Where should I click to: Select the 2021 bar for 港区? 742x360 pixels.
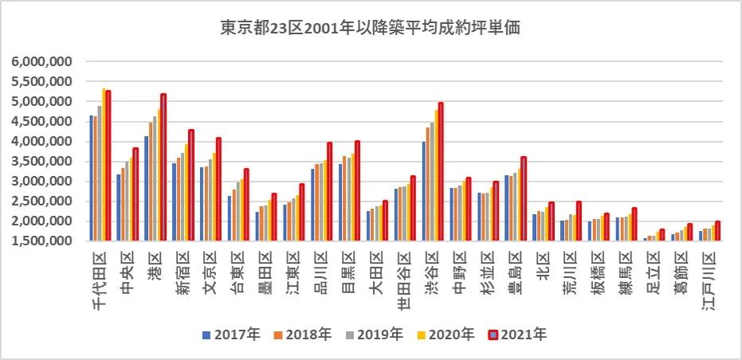coord(163,167)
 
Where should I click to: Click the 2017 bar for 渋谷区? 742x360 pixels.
coord(424,191)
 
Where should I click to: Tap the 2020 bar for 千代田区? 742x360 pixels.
coord(104,164)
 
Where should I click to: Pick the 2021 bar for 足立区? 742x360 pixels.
coord(662,235)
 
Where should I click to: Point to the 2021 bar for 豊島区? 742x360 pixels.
coord(524,198)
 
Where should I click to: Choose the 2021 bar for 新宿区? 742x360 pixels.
coord(190,185)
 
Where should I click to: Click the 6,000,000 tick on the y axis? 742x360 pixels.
coord(42,61)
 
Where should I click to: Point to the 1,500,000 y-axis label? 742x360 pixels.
coord(42,241)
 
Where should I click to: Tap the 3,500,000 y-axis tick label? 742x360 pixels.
coord(42,161)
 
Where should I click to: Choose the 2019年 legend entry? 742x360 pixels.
coord(375,335)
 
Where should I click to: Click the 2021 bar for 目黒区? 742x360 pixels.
coord(357,190)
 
